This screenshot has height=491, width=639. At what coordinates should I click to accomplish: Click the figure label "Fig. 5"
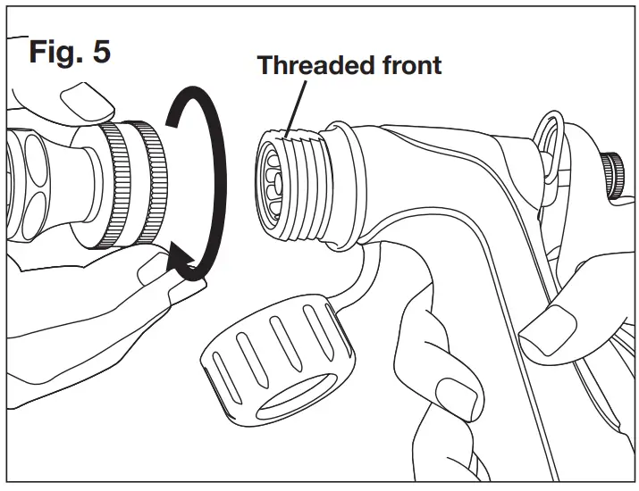(x=71, y=51)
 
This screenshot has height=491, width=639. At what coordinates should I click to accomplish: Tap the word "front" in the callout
(x=410, y=64)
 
